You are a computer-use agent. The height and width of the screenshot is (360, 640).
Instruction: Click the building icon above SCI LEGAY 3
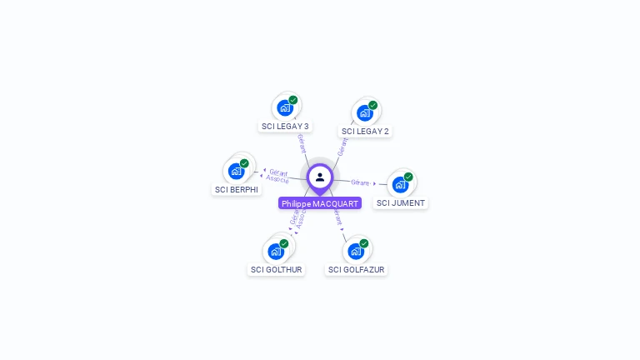(285, 107)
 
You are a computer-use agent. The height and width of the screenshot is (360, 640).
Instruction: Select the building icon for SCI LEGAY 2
(364, 112)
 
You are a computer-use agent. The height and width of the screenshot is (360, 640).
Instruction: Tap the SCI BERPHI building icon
(236, 171)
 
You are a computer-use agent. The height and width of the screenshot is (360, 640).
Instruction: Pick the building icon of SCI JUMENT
(400, 184)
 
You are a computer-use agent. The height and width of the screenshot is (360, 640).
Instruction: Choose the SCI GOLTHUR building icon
(276, 251)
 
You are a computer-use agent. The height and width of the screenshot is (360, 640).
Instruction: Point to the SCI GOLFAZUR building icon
(356, 251)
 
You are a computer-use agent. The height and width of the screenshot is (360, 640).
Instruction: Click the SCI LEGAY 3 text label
(285, 127)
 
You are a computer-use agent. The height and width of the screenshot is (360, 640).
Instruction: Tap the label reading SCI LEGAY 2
(365, 132)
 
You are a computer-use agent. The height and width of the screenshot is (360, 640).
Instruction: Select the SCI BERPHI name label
(237, 190)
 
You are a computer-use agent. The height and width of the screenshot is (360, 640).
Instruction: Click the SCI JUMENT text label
(401, 203)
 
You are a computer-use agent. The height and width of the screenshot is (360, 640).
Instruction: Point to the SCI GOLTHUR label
(277, 270)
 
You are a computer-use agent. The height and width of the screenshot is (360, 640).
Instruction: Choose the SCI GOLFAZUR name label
(357, 270)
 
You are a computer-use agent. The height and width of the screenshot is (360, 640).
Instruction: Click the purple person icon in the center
(320, 177)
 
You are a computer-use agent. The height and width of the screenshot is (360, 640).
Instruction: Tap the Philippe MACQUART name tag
(320, 203)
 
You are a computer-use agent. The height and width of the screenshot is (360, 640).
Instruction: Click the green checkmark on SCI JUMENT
(408, 177)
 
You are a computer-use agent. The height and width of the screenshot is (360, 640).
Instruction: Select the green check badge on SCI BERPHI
(244, 163)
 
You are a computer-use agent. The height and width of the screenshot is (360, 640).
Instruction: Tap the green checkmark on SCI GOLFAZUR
(364, 243)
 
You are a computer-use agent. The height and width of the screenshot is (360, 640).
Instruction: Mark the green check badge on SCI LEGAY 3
(293, 100)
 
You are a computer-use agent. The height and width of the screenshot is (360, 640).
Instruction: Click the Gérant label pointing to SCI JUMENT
(360, 182)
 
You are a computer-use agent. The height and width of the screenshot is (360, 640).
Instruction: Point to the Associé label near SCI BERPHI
(277, 179)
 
